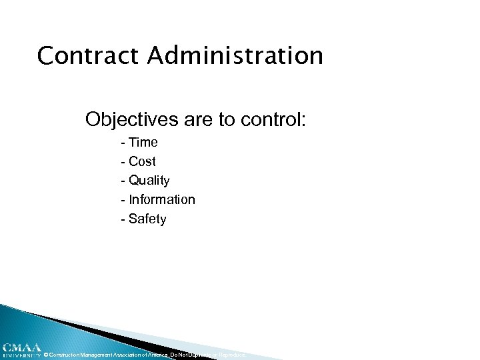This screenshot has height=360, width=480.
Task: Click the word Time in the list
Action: pyautogui.click(x=143, y=142)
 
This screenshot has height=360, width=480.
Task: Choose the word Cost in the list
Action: pyautogui.click(x=142, y=161)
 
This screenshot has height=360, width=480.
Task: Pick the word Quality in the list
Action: pyautogui.click(x=149, y=181)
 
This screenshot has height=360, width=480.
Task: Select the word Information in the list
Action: pyautogui.click(x=162, y=200)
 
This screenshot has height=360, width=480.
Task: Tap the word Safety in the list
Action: pyautogui.click(x=147, y=219)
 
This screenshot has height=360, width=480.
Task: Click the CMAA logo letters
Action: pyautogui.click(x=20, y=347)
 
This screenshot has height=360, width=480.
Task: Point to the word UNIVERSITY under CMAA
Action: pyautogui.click(x=20, y=355)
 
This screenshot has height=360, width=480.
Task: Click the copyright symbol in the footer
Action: pyautogui.click(x=47, y=355)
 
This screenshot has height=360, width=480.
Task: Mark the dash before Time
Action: pyautogui.click(x=123, y=143)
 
